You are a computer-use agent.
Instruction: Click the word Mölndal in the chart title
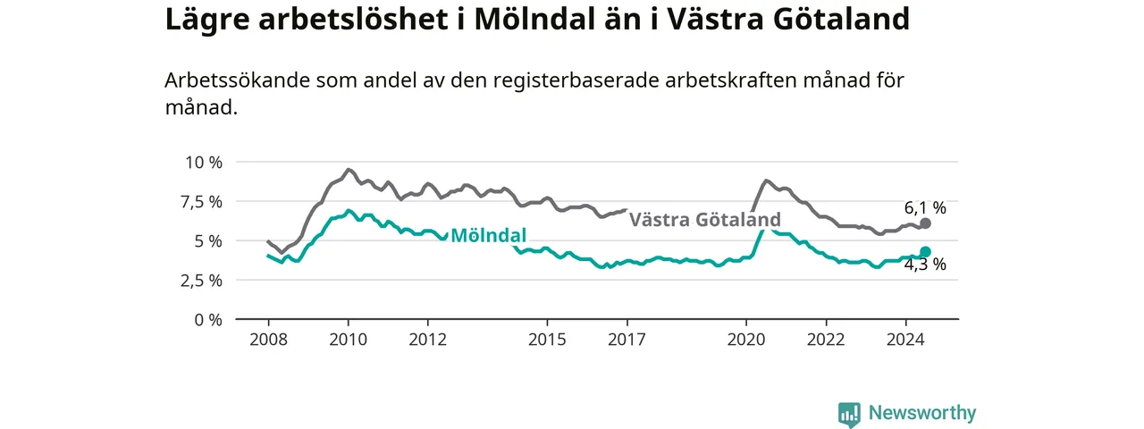534,20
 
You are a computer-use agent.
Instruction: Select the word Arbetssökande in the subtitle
237,80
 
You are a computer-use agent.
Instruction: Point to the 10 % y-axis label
204,163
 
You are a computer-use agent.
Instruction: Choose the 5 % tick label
208,241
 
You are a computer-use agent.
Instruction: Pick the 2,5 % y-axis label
201,281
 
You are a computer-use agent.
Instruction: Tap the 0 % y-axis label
208,320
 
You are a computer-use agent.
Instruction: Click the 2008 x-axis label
269,340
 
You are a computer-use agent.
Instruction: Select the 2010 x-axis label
349,340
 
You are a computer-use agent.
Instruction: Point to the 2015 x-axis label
548,340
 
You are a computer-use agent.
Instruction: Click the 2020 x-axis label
746,340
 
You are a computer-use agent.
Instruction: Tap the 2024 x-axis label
905,340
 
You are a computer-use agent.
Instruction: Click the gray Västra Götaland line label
705,220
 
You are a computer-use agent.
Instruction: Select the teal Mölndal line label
488,235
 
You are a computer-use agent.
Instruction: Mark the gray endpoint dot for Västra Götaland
925,223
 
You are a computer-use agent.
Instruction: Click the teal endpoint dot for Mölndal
925,251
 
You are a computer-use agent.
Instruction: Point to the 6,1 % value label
925,208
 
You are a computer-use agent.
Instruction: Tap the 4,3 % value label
925,264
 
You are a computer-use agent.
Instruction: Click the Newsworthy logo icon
849,413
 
